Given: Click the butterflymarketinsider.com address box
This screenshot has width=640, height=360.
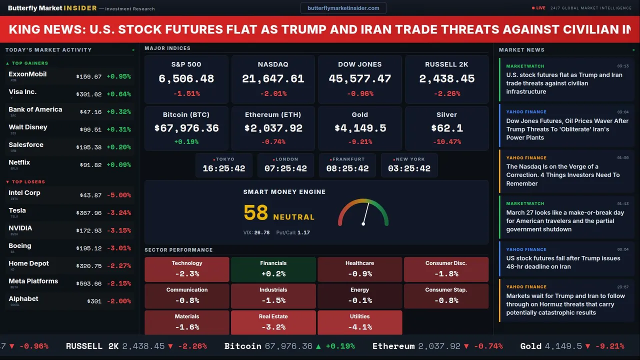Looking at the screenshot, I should (x=343, y=8).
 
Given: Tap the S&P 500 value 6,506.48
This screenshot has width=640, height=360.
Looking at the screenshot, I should (x=186, y=79).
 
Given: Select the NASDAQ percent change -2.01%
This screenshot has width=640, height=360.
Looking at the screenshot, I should (x=273, y=93).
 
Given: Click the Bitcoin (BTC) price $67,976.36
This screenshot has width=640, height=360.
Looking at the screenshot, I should (x=186, y=128).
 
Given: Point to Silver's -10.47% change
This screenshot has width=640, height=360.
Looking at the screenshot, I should (x=446, y=142).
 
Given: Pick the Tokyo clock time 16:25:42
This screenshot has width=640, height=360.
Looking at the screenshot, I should (x=224, y=168).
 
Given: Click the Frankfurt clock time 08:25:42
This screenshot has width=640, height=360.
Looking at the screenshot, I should (x=347, y=168).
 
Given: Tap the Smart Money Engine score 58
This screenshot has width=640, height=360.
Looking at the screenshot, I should (x=256, y=213).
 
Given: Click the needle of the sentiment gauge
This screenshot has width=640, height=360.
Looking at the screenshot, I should (x=365, y=213).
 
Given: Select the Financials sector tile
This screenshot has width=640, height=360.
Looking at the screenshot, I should (x=273, y=269).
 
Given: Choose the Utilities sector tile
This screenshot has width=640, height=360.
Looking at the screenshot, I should (x=359, y=322).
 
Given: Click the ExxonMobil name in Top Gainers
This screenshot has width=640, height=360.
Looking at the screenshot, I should (x=27, y=74).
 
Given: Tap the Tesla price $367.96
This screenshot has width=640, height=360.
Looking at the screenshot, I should (x=88, y=213).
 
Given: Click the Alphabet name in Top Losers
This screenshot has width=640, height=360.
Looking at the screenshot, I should (x=23, y=299).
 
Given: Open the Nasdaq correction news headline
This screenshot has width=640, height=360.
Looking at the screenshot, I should (x=562, y=175).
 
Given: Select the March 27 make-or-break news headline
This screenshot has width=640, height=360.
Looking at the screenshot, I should (x=565, y=221).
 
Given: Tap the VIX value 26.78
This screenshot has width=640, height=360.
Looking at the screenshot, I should (x=261, y=232).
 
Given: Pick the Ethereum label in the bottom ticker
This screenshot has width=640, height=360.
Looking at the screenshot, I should (x=393, y=346).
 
